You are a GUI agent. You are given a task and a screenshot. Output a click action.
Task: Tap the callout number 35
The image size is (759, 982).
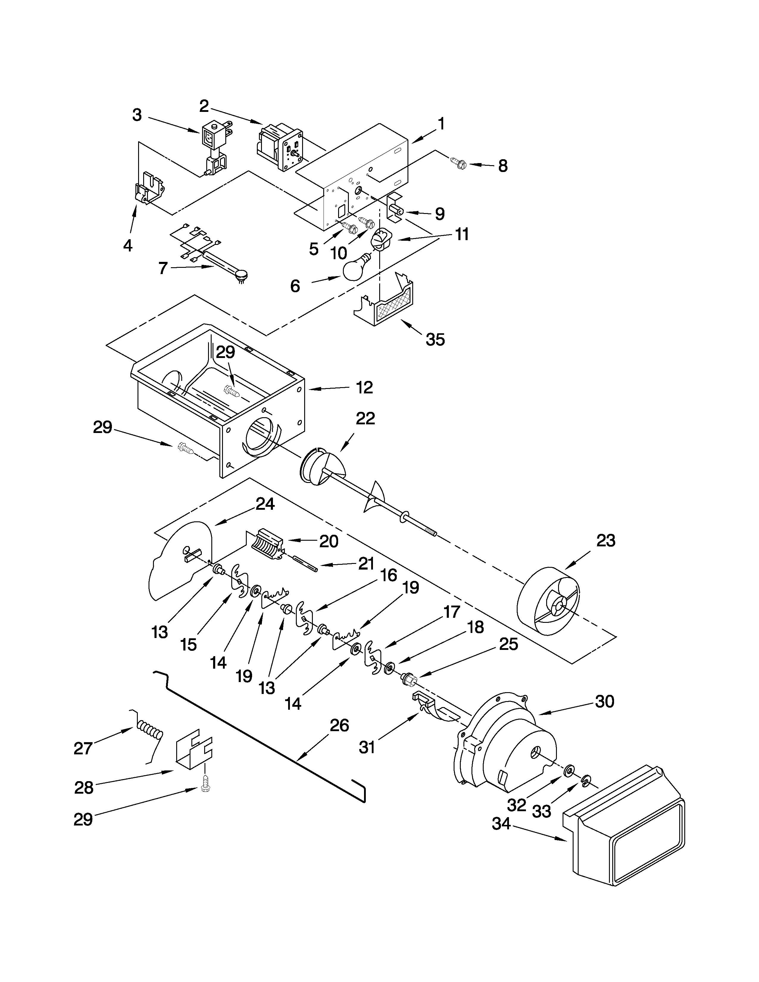pyautogui.click(x=435, y=340)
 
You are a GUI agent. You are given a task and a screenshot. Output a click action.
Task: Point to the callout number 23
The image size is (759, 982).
pyautogui.click(x=605, y=540)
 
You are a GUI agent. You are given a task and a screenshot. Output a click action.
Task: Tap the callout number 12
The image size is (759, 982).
pyautogui.click(x=364, y=387)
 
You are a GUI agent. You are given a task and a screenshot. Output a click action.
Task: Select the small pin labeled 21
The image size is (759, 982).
pyautogui.click(x=305, y=564)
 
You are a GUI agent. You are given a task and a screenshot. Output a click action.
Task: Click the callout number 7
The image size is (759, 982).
pyautogui.click(x=163, y=268)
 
